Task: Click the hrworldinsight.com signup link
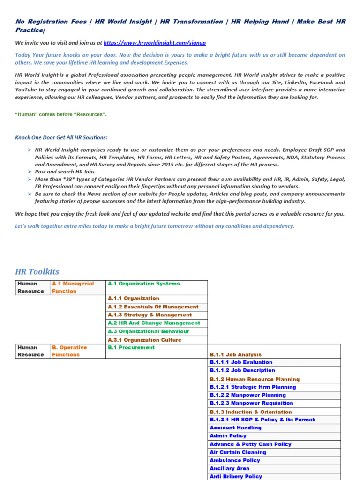coord(154,43)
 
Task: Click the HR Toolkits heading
coord(37,272)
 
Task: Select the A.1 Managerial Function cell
coord(73,287)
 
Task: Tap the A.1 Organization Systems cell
coord(143,284)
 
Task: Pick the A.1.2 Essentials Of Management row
coord(153,307)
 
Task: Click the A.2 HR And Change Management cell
coord(154,323)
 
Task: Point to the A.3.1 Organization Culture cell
coord(144,340)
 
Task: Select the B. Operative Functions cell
coord(69,351)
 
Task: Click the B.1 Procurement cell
coord(131,348)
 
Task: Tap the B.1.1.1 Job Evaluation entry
coord(241,362)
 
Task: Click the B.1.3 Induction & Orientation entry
coord(251,412)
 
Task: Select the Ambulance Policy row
coord(235,460)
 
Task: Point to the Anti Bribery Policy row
coord(236,476)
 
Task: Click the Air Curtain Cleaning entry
coord(238,452)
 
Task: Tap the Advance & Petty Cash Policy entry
coord(250,444)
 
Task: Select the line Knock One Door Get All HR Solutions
coord(61,137)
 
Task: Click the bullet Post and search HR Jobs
coord(65,172)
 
